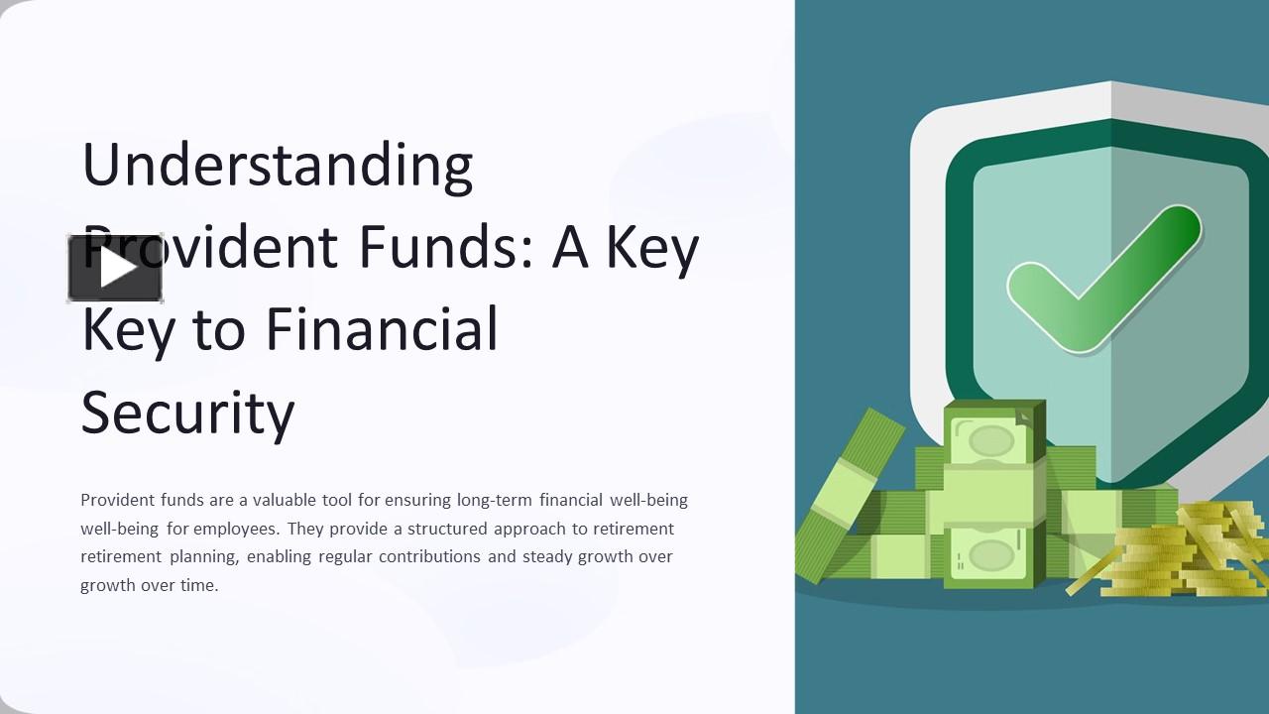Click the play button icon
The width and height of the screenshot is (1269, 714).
tap(116, 269)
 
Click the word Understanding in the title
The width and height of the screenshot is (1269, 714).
tap(277, 165)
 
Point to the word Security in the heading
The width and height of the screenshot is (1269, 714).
tap(187, 412)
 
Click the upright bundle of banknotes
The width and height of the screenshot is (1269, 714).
tap(992, 496)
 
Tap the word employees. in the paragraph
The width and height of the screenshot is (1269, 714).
tap(236, 529)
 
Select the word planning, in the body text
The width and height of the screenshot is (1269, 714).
tap(203, 556)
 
